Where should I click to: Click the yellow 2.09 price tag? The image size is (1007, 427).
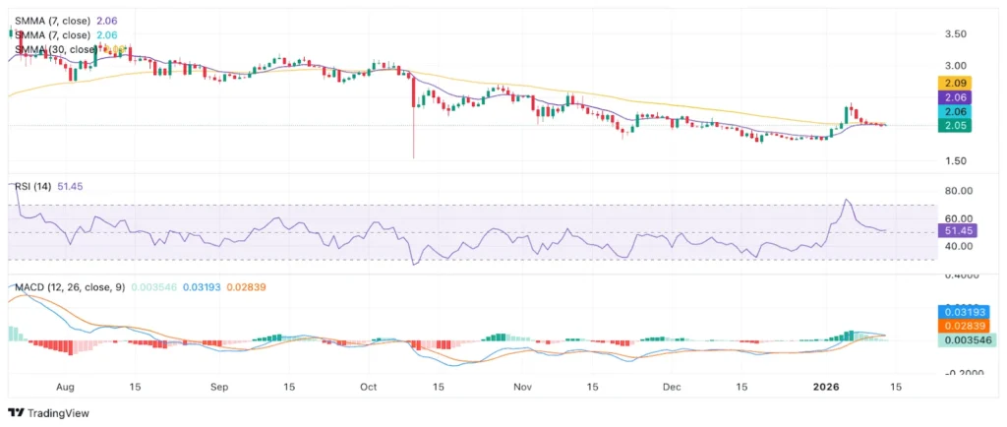pos(956,84)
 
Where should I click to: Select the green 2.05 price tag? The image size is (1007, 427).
pos(956,125)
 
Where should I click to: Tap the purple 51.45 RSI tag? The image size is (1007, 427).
pos(956,230)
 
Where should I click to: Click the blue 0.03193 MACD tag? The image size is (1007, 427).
pos(966,312)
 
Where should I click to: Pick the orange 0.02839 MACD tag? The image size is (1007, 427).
pos(966,326)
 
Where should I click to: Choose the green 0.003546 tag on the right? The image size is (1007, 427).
pos(966,340)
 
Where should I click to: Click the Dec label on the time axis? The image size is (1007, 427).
pos(673,388)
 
